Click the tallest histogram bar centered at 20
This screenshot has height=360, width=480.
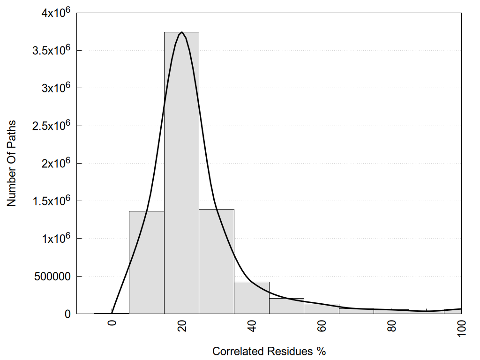pyautogui.click(x=181, y=173)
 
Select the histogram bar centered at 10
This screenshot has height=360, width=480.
pyautogui.click(x=146, y=262)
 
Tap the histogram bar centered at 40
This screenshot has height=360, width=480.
pyautogui.click(x=252, y=298)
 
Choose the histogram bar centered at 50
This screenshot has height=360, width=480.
pyautogui.click(x=286, y=306)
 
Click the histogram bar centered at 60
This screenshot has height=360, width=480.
pyautogui.click(x=322, y=309)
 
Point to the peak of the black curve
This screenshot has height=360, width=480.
pyautogui.click(x=181, y=32)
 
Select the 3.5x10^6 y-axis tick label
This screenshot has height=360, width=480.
pyautogui.click(x=51, y=50)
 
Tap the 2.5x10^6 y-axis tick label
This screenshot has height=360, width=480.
pyautogui.click(x=51, y=126)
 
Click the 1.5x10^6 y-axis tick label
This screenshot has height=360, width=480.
pyautogui.click(x=51, y=201)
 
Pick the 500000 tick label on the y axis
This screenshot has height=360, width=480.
pyautogui.click(x=52, y=276)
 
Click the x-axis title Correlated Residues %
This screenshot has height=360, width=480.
pyautogui.click(x=269, y=351)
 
